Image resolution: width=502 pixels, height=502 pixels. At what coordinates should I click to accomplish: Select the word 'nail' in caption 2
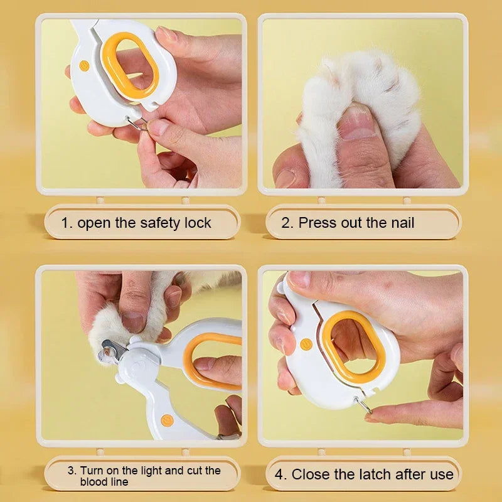click(400, 223)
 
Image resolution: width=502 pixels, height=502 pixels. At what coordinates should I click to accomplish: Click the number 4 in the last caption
click(280, 474)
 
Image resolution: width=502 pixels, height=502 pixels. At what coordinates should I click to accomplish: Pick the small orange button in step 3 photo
click(166, 420)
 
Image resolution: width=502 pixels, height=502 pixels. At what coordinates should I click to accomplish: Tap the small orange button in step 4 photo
click(304, 344)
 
